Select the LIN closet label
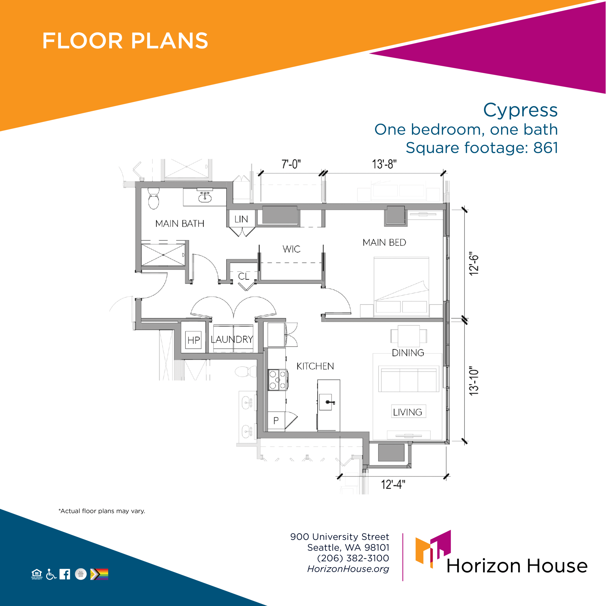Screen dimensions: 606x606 click(241, 219)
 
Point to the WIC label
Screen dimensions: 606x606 click(291, 249)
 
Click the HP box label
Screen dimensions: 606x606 click(194, 340)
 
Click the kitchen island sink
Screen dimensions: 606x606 click(328, 402)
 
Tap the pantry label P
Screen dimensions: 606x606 click(276, 421)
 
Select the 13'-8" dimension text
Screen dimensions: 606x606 click(384, 164)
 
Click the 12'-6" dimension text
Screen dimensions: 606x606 click(474, 263)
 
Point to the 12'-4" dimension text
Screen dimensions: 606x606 click(393, 485)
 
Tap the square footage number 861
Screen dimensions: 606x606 click(546, 148)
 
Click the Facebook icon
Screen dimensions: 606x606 click(65, 574)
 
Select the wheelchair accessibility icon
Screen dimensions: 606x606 click(51, 574)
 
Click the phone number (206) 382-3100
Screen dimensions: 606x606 click(353, 558)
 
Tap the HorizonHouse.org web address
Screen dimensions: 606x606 click(348, 569)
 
